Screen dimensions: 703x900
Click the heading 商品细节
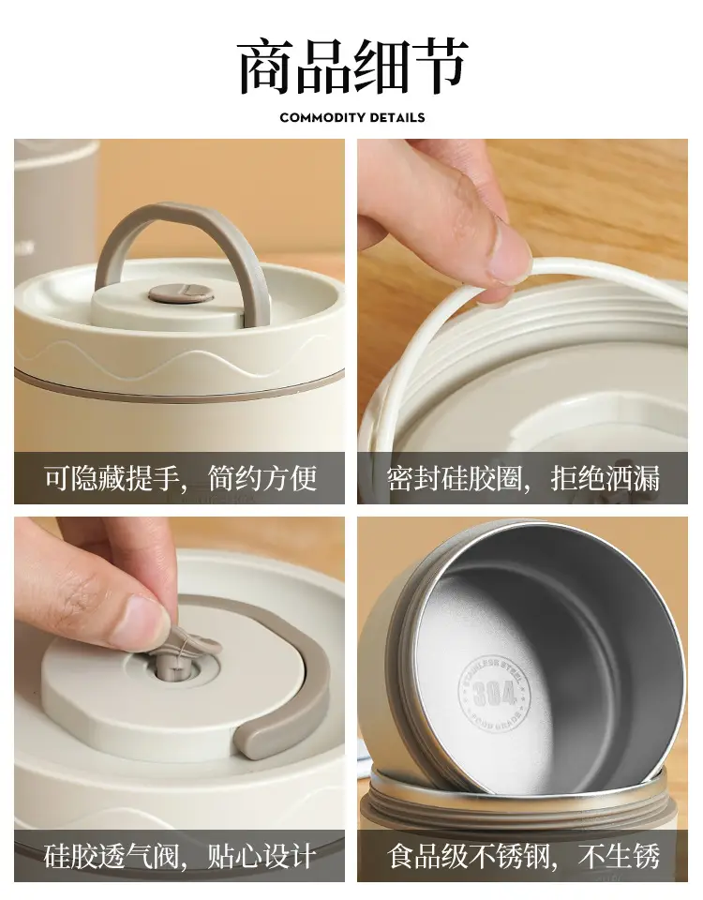click(x=352, y=66)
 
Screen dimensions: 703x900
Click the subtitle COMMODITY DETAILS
click(x=352, y=118)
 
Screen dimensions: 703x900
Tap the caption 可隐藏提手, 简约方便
click(x=181, y=477)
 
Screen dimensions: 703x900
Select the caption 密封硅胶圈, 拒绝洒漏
click(x=523, y=477)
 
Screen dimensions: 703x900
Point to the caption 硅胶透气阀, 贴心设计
click(x=180, y=856)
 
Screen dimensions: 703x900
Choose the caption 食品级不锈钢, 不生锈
click(x=523, y=856)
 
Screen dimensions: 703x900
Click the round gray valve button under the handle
click(x=181, y=292)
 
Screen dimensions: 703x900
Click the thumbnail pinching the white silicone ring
click(x=505, y=252)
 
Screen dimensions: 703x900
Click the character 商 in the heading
click(x=265, y=66)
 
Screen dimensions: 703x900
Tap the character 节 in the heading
click(x=440, y=66)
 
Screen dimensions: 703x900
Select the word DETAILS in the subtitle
click(x=396, y=118)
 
